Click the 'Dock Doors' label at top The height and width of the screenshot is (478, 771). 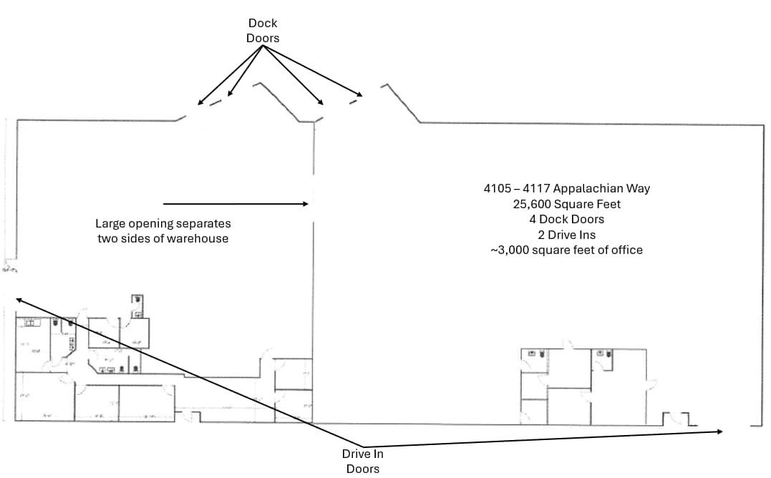263,30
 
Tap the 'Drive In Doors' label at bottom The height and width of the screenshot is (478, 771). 362,461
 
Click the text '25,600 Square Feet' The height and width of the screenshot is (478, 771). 566,204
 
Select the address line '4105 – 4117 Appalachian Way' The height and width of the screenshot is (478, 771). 566,189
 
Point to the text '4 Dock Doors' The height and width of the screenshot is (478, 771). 566,219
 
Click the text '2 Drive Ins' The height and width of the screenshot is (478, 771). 566,235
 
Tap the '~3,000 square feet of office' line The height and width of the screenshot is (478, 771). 566,250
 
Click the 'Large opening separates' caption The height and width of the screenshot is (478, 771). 163,223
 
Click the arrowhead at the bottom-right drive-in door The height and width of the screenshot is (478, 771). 722,431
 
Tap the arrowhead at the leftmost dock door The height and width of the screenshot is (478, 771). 199,104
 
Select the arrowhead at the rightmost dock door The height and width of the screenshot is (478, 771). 362,95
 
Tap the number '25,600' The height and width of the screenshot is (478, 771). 530,204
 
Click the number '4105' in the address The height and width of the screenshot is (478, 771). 496,189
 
